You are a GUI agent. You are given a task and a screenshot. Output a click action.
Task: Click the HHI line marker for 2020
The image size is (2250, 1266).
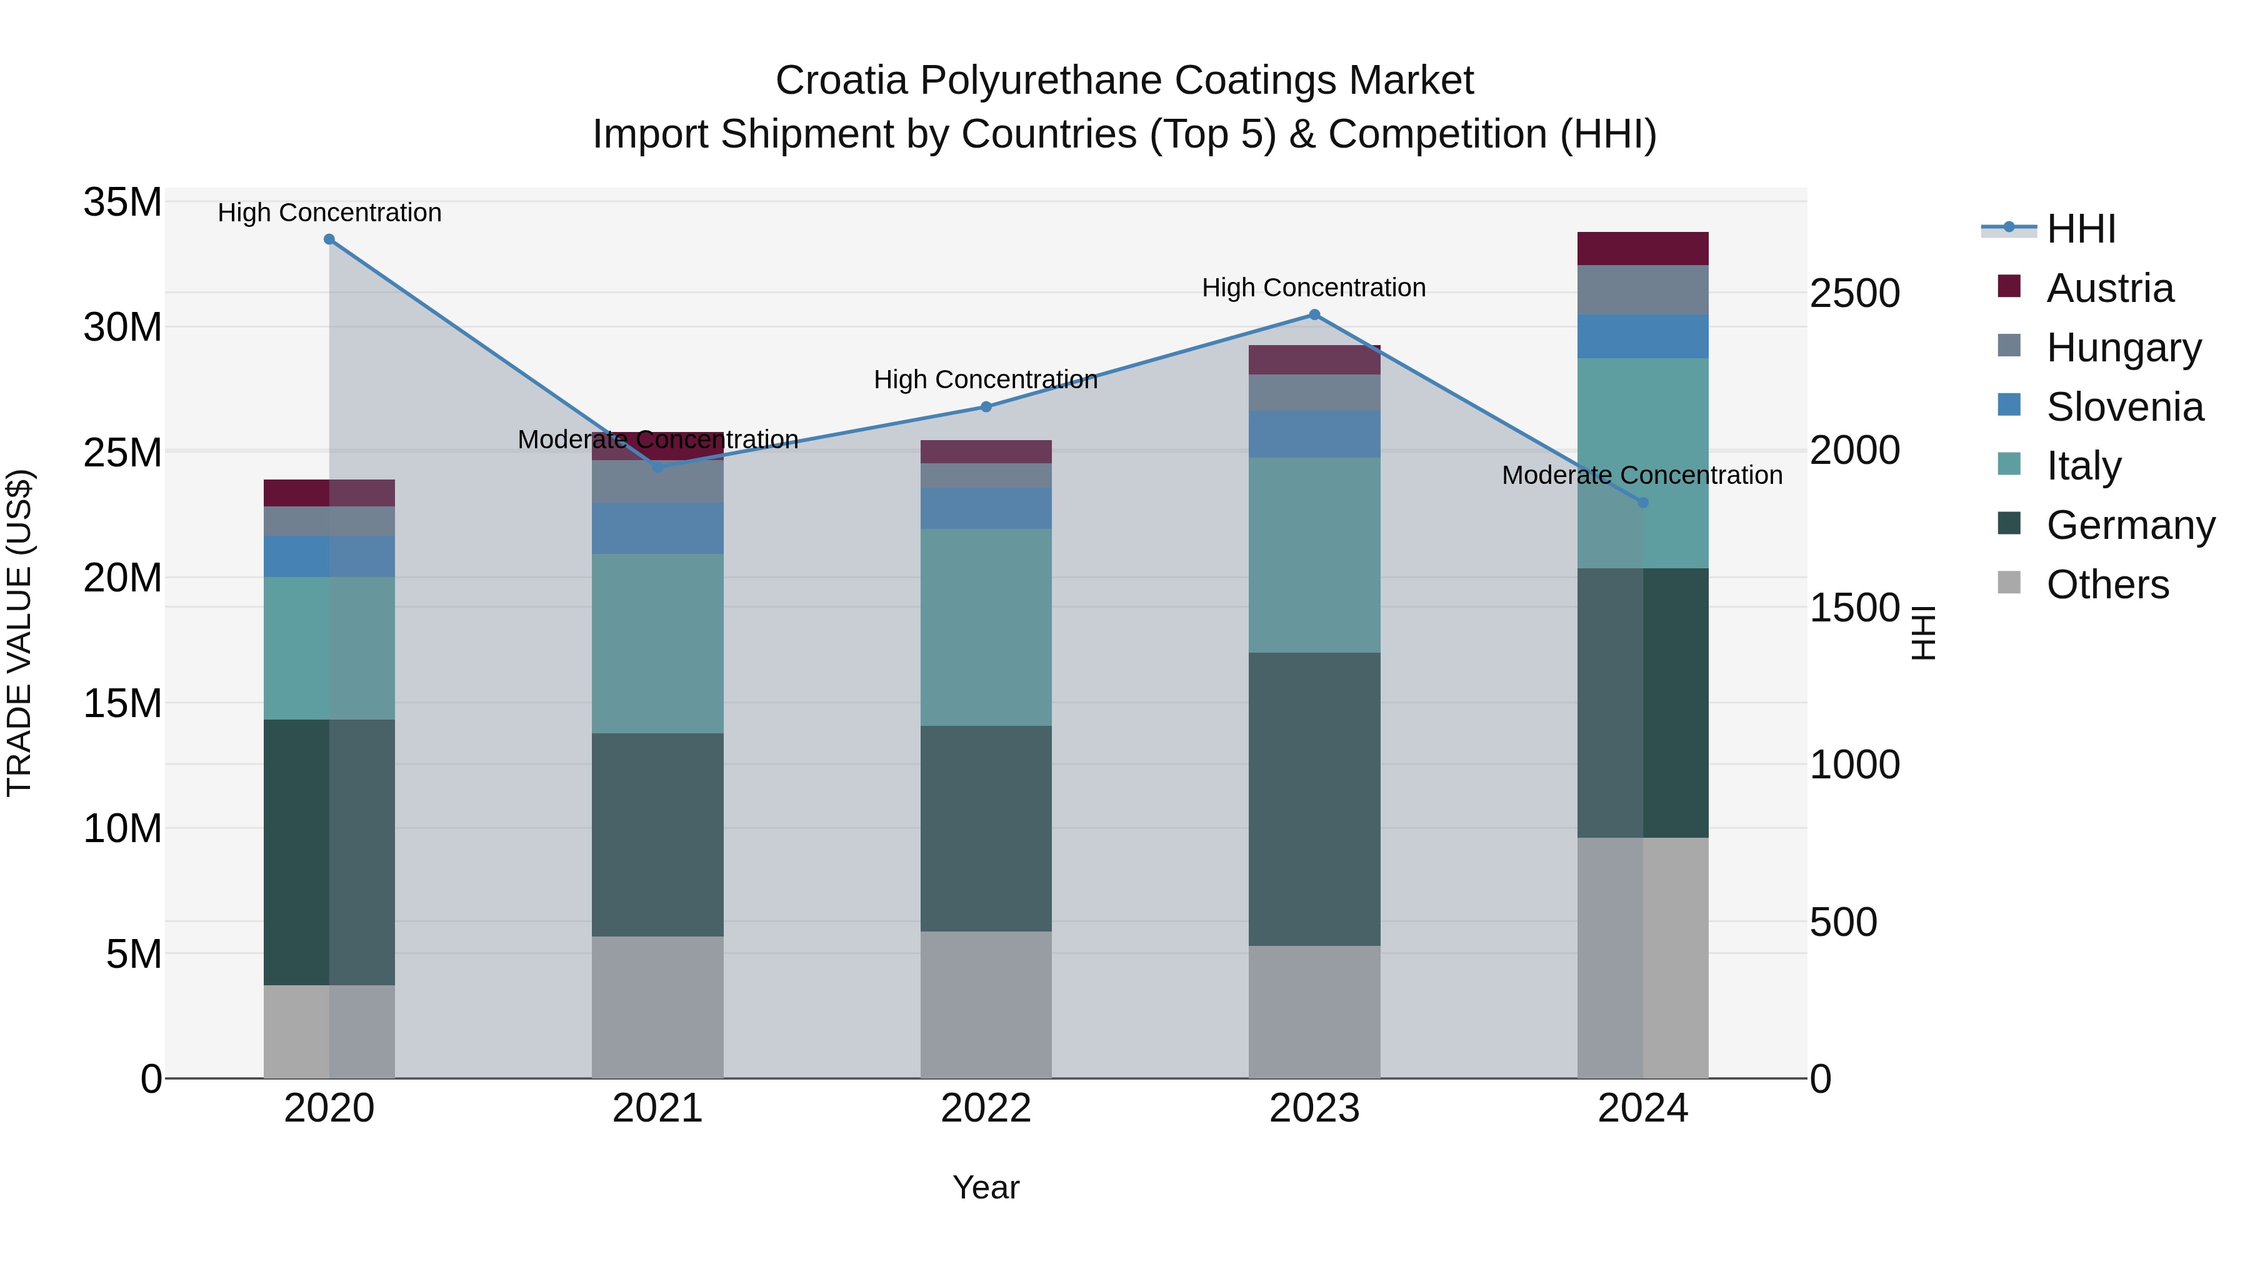coord(329,239)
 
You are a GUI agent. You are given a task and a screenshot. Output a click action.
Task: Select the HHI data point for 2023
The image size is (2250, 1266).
coord(1314,314)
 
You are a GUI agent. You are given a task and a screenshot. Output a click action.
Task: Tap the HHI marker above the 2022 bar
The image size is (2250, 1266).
coord(986,406)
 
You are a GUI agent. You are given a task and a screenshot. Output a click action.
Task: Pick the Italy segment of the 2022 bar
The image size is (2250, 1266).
coord(986,626)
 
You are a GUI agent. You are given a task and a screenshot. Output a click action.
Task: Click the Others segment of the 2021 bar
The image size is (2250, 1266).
coord(657,1007)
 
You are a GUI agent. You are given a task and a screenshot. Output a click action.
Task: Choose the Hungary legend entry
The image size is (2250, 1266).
coord(2123,348)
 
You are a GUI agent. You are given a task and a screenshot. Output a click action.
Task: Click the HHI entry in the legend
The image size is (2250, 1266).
coord(2081,229)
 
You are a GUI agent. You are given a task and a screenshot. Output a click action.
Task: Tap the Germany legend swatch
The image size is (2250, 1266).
coord(2009,525)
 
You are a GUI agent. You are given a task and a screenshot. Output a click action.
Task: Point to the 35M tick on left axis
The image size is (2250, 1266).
coord(122,203)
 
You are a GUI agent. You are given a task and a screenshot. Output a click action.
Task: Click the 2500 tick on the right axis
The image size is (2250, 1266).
coord(1854,294)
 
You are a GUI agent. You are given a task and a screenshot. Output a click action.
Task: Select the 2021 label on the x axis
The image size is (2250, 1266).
coord(657,1108)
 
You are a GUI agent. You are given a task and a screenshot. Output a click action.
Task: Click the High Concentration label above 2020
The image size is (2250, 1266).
coord(329,213)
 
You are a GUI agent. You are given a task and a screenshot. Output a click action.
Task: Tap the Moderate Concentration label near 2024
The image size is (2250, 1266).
coord(1642,475)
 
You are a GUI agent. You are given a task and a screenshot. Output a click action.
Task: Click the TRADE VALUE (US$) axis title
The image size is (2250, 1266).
coord(19,633)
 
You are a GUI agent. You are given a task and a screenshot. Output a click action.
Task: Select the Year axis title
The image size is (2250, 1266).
coord(986,1187)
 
